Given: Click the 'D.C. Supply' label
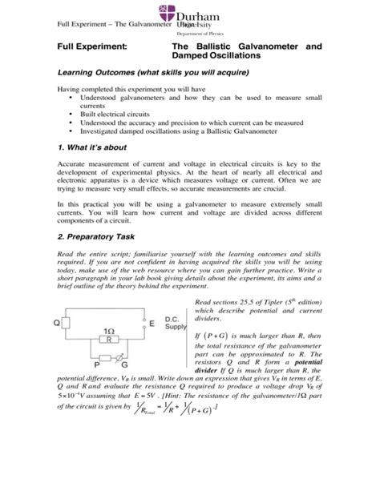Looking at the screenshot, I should tap(176, 323).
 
